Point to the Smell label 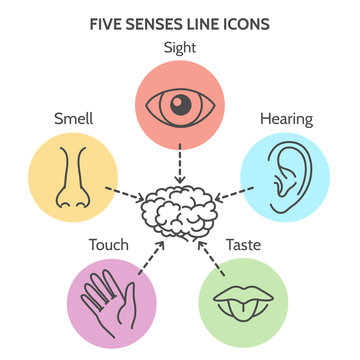[75, 118]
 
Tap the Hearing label [286, 118]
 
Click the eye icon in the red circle [180, 103]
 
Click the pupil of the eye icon [180, 103]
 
